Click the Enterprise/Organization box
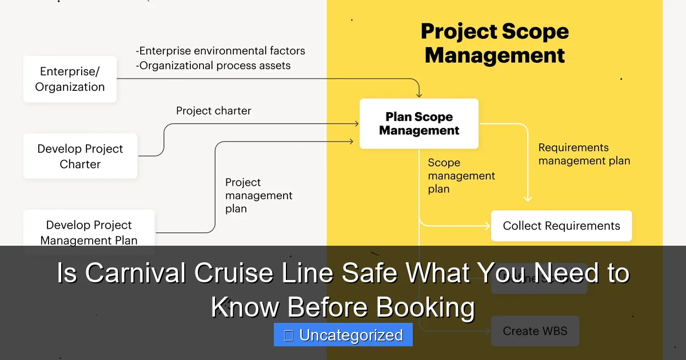click(x=70, y=79)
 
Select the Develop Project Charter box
click(x=80, y=156)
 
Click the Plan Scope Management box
click(x=418, y=123)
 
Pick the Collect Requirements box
click(x=561, y=226)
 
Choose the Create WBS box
click(x=535, y=331)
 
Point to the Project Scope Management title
click(x=494, y=43)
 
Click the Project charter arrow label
click(x=213, y=111)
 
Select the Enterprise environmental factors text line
click(x=221, y=51)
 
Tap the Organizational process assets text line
click(x=213, y=65)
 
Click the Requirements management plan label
click(x=584, y=154)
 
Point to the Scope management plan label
click(x=461, y=176)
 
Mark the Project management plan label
click(x=258, y=195)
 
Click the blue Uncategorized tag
click(x=343, y=335)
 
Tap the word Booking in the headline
click(x=425, y=307)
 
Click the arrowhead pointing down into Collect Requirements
click(x=528, y=198)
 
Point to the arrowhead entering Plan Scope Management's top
click(x=419, y=94)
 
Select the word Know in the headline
click(x=245, y=307)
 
